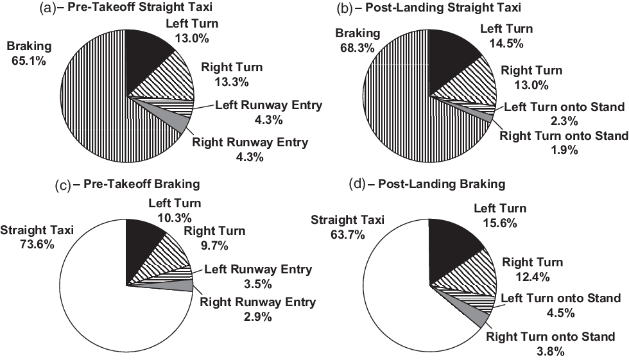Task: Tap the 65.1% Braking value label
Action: (29, 61)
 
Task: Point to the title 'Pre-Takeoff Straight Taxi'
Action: (140, 7)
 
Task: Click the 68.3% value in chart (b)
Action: (357, 48)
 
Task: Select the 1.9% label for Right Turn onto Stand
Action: (564, 150)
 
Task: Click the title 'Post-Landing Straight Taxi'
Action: (444, 7)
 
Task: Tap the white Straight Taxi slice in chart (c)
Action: (104, 305)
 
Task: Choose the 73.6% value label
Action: (37, 244)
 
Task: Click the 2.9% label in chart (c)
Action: (257, 317)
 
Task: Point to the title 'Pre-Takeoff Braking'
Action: (142, 184)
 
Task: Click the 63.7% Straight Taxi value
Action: (347, 234)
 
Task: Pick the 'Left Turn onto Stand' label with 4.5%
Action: (561, 298)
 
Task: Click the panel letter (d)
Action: (358, 184)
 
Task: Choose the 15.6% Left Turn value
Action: (500, 223)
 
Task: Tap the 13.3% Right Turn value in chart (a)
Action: (232, 82)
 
